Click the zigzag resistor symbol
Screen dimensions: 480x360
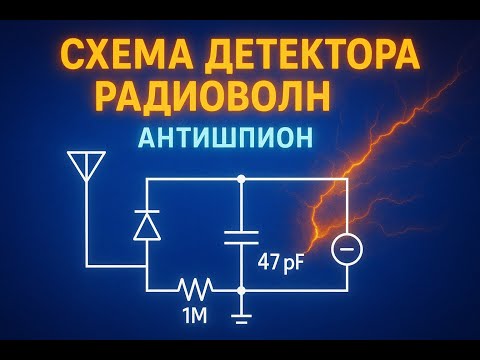[196, 291]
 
